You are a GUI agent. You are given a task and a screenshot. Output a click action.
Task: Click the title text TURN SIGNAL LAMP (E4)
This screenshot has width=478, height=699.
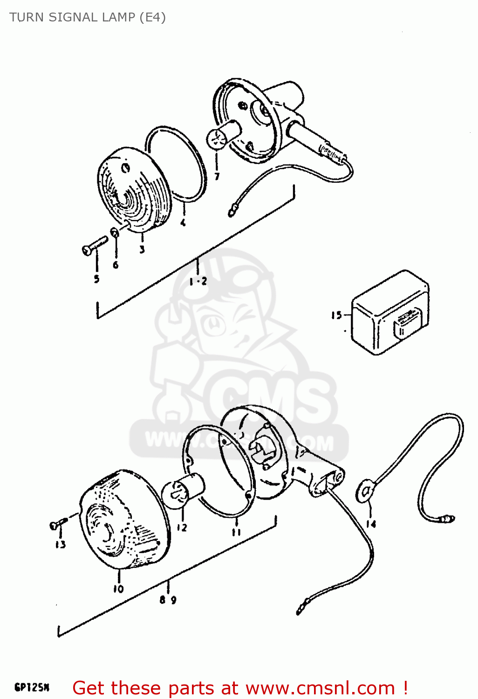[88, 17]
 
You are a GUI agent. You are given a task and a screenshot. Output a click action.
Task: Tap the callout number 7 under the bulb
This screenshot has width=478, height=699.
[217, 176]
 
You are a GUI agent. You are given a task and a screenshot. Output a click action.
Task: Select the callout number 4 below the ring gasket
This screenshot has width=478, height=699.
[183, 223]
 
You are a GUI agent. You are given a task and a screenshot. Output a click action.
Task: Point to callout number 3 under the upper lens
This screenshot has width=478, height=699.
[142, 249]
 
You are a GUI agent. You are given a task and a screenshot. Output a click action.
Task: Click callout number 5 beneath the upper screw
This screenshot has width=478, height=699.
[96, 279]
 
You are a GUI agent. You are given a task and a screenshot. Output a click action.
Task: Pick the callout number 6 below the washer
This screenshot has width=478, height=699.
[116, 265]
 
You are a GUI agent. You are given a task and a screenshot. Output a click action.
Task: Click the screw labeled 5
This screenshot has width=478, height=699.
[94, 246]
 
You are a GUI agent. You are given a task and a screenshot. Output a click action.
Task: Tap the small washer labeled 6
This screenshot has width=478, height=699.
[115, 232]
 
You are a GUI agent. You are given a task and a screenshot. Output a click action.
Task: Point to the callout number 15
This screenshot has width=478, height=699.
[336, 315]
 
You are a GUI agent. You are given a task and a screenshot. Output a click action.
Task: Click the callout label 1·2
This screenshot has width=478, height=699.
[198, 281]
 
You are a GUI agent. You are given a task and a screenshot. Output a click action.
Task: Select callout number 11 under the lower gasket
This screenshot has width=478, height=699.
[236, 532]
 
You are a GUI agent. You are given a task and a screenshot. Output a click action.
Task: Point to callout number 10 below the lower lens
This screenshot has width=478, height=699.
[118, 589]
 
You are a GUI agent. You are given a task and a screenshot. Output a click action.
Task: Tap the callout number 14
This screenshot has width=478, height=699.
[371, 524]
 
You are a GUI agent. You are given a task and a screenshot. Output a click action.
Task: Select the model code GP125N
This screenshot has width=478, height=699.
[32, 687]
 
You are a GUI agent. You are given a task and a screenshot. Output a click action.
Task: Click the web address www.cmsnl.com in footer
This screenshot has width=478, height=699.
[320, 688]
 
